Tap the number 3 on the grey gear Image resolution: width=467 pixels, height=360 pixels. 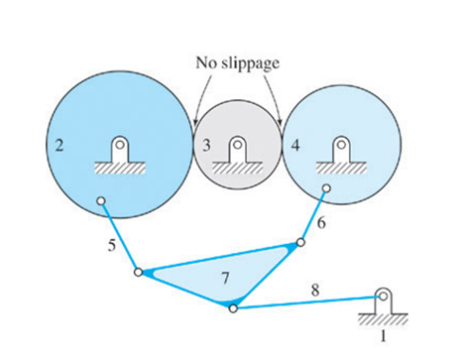tap(206, 146)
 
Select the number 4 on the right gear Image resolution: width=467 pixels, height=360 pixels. tap(294, 146)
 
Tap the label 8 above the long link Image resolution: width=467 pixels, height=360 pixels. tap(316, 289)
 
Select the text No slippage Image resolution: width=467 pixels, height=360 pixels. tap(238, 63)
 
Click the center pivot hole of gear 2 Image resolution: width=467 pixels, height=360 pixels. tap(119, 146)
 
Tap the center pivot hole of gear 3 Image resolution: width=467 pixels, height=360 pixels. tap(237, 146)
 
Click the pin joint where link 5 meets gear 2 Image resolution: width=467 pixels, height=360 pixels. tap(100, 202)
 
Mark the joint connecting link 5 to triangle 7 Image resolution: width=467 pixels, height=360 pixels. tap(138, 272)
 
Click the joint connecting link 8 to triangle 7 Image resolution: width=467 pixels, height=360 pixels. tap(233, 307)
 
